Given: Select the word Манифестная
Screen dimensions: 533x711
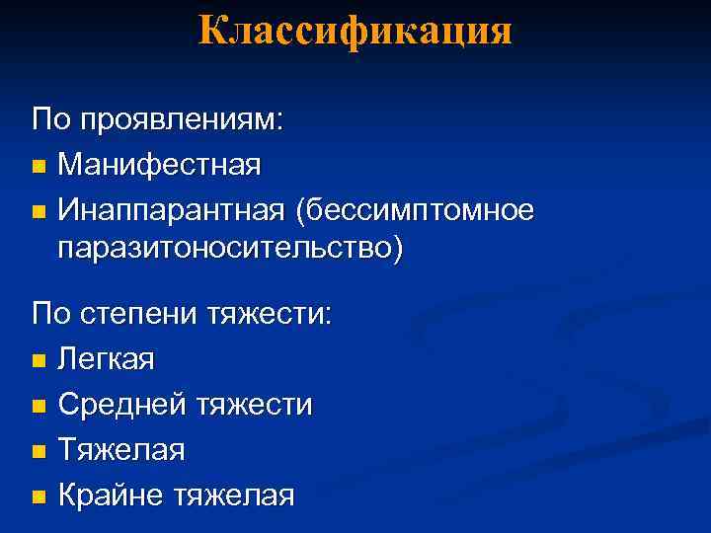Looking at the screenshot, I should (160, 165).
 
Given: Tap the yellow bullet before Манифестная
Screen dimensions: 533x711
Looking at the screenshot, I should (39, 166).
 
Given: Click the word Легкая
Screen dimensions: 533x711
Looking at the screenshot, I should (107, 359).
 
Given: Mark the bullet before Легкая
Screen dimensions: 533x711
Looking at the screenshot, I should (39, 361).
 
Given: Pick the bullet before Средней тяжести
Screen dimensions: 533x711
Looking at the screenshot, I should (39, 406).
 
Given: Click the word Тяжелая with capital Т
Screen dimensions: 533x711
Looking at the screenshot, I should (121, 449).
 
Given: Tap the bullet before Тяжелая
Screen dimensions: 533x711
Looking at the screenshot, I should (39, 451).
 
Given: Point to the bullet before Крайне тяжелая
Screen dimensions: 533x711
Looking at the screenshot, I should (39, 495).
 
